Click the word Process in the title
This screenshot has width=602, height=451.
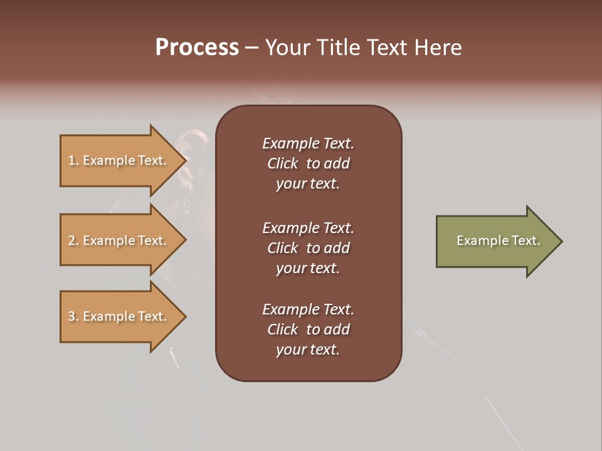[197, 48]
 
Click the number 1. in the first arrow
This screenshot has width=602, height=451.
[73, 160]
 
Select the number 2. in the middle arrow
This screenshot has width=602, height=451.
[73, 241]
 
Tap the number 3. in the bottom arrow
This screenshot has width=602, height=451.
[73, 316]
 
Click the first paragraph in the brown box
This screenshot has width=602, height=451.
[308, 163]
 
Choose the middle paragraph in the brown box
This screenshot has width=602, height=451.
[308, 248]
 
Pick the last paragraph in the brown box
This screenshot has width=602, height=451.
[308, 329]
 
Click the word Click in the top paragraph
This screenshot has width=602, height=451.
[282, 163]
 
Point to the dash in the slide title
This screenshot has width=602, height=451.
[251, 48]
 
